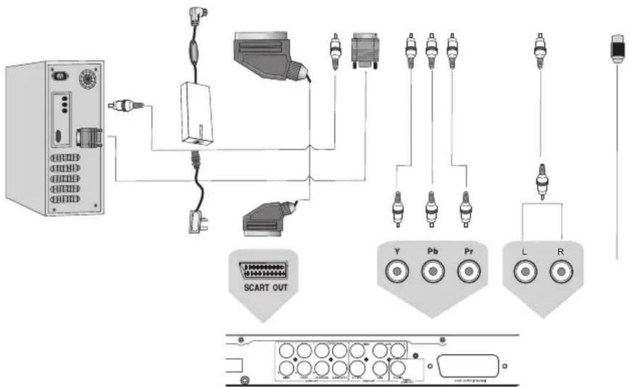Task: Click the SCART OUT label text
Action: (x=264, y=286)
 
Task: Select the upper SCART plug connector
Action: (x=268, y=56)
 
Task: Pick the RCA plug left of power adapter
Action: (x=124, y=105)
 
